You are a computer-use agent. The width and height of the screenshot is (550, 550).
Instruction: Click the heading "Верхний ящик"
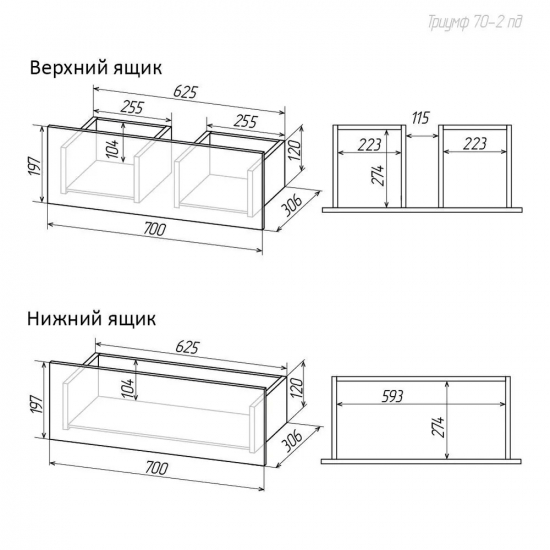tap(96, 68)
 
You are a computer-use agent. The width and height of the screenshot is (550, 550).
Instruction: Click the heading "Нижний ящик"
tap(92, 319)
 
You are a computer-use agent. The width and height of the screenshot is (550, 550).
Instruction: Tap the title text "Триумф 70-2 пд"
tap(475, 22)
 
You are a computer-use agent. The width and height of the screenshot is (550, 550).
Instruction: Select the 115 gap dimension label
tap(420, 118)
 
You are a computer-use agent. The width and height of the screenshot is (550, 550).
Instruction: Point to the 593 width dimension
tap(392, 396)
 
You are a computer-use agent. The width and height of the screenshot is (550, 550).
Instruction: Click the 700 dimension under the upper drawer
tap(154, 229)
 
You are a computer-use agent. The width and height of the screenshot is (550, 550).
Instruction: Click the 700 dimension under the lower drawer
tap(157, 468)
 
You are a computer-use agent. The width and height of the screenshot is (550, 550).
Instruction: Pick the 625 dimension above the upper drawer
tap(186, 92)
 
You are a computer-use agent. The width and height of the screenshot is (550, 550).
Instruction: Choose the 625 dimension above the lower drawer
tap(187, 347)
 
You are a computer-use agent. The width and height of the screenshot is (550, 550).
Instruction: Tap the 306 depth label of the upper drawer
tap(292, 206)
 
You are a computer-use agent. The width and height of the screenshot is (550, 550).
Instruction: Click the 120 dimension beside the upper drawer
tap(295, 150)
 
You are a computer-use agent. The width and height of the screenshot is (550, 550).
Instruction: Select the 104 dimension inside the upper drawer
tap(114, 147)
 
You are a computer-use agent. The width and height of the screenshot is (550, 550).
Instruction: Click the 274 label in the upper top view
tap(378, 176)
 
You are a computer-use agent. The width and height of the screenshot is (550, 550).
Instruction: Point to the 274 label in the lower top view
tap(438, 427)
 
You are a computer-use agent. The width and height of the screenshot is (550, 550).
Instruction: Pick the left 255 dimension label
tap(132, 107)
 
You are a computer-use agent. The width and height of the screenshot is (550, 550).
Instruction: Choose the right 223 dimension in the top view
tap(475, 143)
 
